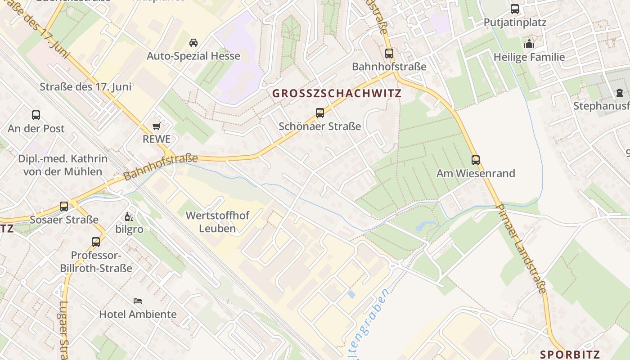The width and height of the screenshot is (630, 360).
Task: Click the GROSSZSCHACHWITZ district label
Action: (x=337, y=94)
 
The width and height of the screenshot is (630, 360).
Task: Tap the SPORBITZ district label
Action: (x=570, y=354)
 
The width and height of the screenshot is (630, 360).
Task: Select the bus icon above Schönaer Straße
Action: (x=320, y=113)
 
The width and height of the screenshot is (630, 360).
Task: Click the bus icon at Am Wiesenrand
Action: (x=476, y=160)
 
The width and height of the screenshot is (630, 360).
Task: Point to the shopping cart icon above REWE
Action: (x=157, y=126)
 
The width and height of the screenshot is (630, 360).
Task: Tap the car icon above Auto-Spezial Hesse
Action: (x=193, y=43)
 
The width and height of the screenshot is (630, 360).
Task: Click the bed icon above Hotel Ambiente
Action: (x=138, y=301)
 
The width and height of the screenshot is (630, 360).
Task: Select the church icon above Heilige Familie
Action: (x=529, y=44)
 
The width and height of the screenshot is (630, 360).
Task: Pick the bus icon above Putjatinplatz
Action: (x=515, y=9)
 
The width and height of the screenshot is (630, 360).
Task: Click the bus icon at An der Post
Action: (x=36, y=115)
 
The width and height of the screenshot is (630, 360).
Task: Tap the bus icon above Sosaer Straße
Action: (x=64, y=207)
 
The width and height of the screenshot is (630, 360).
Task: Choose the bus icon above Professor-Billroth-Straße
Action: (x=96, y=242)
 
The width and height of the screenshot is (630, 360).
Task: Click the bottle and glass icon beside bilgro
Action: (x=129, y=217)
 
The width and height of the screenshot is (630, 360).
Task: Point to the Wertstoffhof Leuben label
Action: (x=217, y=222)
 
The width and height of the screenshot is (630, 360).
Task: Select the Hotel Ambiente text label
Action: (x=138, y=314)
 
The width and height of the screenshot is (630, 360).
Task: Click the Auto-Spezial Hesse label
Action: (x=193, y=56)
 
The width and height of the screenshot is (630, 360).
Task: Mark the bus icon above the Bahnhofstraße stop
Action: (x=389, y=54)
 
